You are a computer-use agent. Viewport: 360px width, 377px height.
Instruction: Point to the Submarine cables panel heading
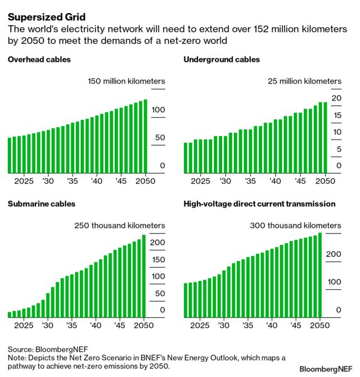tap(41, 204)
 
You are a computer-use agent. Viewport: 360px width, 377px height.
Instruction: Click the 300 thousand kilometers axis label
tap(296, 226)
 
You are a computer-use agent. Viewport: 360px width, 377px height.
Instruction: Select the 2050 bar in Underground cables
tap(325, 137)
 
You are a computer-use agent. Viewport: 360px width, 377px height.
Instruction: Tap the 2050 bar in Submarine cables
tap(143, 276)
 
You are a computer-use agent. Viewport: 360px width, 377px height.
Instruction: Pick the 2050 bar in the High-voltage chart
tap(320, 275)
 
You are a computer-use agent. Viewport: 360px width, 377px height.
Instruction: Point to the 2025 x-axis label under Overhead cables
tap(24, 182)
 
